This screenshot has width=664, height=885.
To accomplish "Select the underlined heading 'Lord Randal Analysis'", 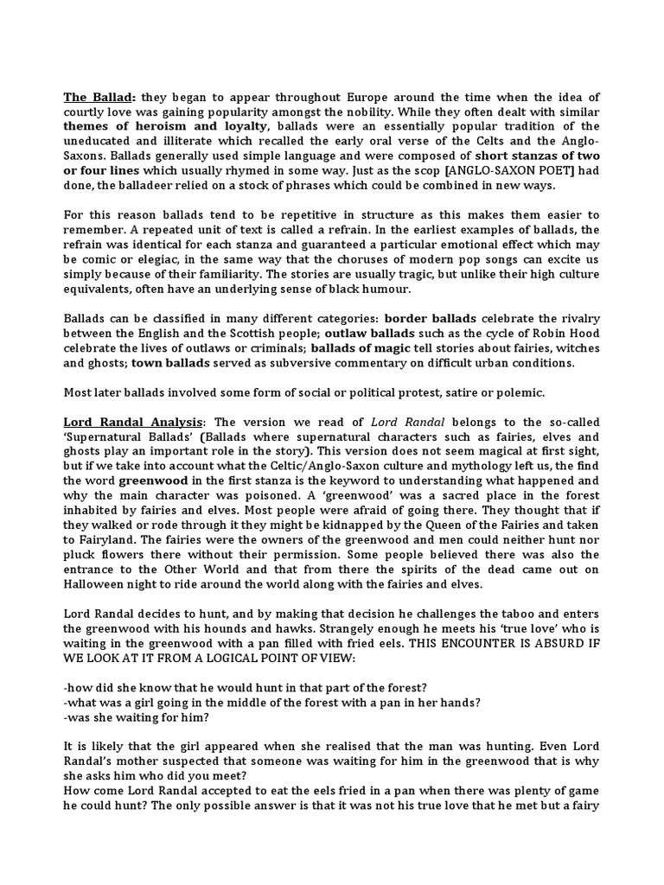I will click(134, 421).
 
